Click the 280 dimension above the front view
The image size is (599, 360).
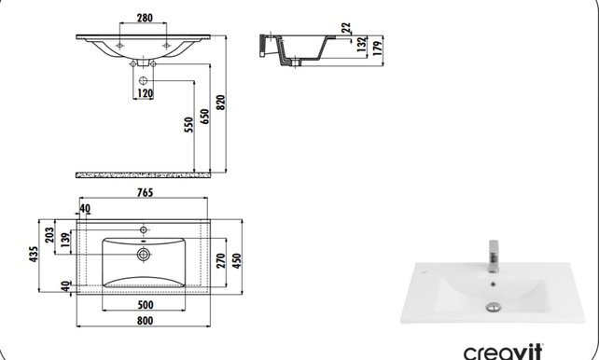(144, 17)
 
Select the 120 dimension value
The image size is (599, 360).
(146, 93)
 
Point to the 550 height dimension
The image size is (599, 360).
(188, 126)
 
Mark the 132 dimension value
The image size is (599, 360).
(361, 44)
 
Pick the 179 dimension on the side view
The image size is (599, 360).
(377, 48)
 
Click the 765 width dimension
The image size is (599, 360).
(146, 193)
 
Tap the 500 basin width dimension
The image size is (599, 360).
(145, 304)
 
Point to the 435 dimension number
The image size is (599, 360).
(35, 256)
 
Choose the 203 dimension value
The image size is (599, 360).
(49, 236)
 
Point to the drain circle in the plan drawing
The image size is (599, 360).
(144, 253)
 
